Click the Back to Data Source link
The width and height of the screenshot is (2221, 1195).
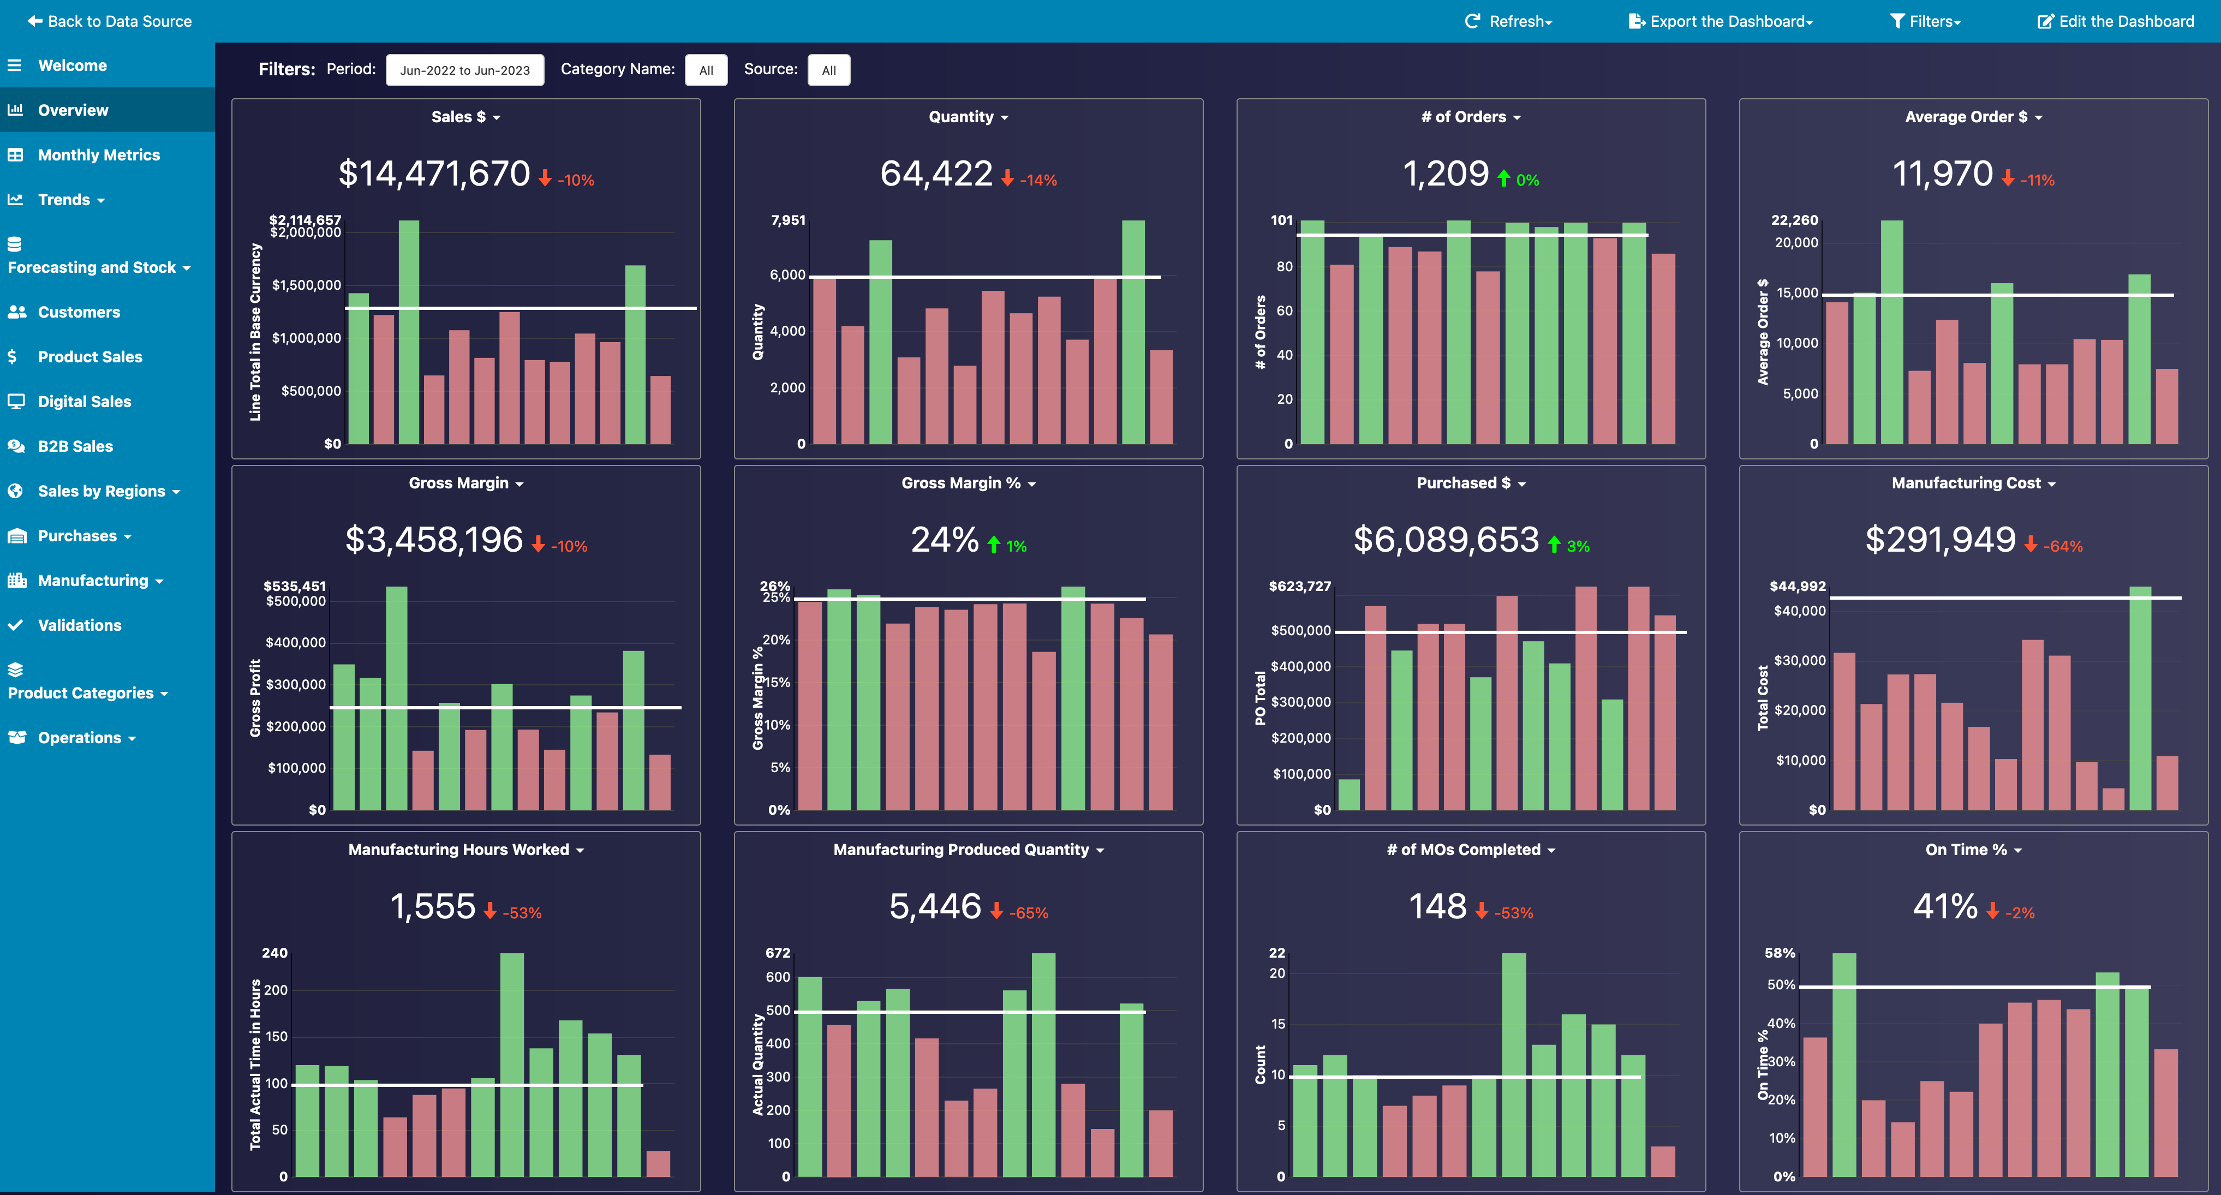click(x=110, y=22)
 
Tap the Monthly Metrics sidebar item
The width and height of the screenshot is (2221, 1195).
click(x=98, y=155)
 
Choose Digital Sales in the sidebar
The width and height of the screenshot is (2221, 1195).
click(x=85, y=402)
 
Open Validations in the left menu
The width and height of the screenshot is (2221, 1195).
click(x=79, y=625)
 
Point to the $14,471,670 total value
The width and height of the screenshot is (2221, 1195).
click(x=434, y=174)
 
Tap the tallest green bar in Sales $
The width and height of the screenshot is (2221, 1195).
click(x=409, y=332)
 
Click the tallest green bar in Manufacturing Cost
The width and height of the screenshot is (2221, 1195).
click(x=2139, y=698)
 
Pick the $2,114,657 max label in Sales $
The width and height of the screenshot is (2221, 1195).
click(x=305, y=220)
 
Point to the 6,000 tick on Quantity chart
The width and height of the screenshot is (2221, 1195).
click(x=787, y=275)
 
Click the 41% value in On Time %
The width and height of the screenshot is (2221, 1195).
click(x=1945, y=907)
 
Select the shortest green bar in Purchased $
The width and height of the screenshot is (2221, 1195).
click(x=1348, y=795)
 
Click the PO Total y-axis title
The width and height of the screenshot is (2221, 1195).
click(x=1259, y=698)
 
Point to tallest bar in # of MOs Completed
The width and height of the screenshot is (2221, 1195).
click(x=1513, y=1065)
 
